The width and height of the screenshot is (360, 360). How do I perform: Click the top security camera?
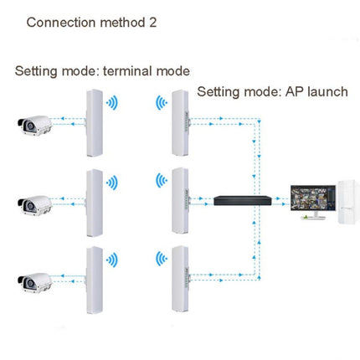(33, 126)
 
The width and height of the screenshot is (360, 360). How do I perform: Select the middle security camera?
(33, 203)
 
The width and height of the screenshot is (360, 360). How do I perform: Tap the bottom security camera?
(33, 281)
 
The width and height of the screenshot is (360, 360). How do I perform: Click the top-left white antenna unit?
(93, 124)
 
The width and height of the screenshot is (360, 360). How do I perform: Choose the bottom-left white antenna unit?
(93, 280)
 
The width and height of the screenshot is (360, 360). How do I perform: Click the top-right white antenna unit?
(180, 121)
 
